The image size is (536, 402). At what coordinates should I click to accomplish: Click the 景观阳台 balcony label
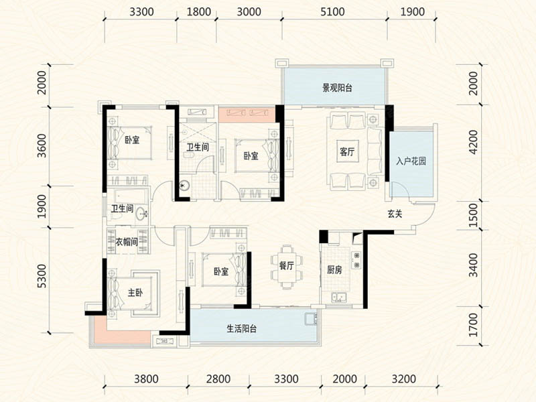point(338,88)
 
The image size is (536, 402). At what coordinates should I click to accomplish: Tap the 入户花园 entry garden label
point(411,161)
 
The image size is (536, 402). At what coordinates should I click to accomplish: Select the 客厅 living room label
point(347,151)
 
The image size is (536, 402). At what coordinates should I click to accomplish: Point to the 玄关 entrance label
point(395,214)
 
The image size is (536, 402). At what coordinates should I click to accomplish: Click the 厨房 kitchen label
point(334,270)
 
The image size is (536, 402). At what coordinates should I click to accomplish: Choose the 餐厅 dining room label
point(287,265)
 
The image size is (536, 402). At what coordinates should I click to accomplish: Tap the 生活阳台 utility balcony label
point(242,329)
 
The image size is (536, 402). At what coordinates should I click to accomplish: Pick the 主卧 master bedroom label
point(135,293)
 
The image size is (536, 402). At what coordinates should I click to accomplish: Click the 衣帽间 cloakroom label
point(127,242)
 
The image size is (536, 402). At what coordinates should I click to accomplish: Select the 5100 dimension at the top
point(332,12)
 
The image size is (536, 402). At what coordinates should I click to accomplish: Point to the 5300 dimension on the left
point(42,276)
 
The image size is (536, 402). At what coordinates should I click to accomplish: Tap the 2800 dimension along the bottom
point(218,379)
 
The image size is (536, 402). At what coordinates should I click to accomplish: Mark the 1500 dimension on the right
point(474,215)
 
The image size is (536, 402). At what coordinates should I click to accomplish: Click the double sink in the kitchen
point(339,297)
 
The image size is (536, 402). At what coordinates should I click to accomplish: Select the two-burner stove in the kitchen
point(356,260)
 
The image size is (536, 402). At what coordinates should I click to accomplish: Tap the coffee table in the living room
point(347,152)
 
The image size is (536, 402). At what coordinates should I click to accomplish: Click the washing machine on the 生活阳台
point(311,318)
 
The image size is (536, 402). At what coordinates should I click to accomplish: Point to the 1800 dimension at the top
point(199,12)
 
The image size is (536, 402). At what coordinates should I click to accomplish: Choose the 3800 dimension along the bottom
point(146,379)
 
